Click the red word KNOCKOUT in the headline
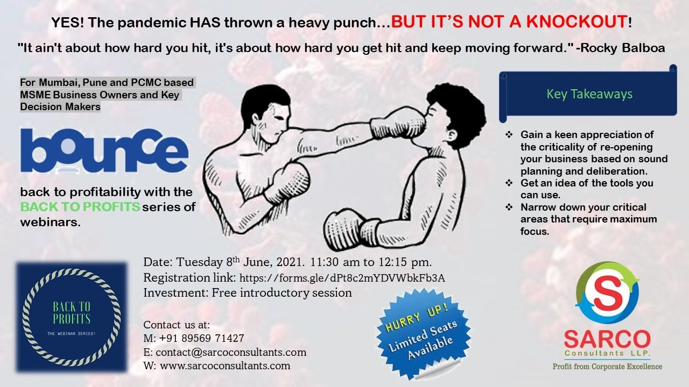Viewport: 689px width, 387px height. pos(576,22)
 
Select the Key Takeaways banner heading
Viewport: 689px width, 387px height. pos(589,94)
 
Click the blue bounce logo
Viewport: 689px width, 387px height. pos(104,150)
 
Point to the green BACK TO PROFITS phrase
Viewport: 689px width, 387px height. pos(80,207)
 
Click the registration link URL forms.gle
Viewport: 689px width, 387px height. pos(342,278)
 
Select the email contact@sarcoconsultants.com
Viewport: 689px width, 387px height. pos(231,352)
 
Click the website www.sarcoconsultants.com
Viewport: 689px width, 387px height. pos(225,366)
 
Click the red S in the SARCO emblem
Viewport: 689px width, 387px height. pos(607,293)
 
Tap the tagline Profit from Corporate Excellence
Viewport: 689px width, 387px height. pos(608,367)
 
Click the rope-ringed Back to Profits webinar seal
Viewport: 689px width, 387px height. pos(72,317)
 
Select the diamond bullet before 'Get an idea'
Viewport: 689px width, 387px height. pos(509,183)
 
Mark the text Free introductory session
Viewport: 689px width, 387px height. pos(282,293)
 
